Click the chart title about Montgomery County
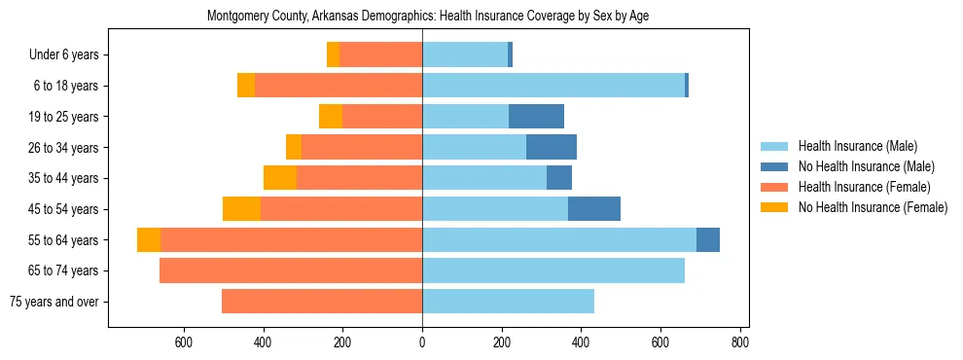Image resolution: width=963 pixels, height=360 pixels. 428,17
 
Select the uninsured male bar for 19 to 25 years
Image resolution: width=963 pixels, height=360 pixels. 536,117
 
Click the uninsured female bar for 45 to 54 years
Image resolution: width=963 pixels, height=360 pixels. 241,209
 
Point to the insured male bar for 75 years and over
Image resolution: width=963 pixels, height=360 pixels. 508,302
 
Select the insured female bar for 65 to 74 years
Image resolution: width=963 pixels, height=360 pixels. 291,270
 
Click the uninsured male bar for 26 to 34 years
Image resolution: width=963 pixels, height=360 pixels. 552,148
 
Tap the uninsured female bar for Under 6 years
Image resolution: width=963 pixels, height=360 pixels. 333,55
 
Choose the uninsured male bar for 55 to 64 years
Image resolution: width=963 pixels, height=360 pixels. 708,240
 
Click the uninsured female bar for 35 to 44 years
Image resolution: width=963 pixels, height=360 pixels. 280,178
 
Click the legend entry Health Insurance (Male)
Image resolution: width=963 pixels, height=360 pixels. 857,146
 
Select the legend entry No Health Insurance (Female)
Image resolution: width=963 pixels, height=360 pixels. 873,207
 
